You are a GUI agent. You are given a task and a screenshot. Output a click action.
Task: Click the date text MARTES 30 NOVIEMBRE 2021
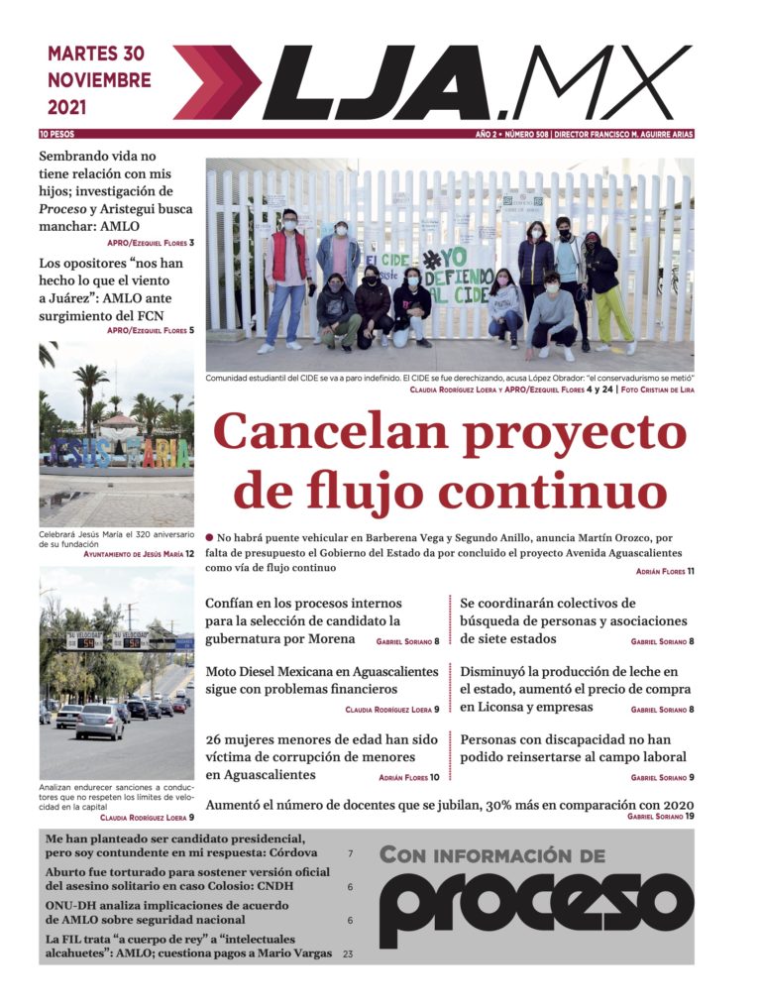coord(99,79)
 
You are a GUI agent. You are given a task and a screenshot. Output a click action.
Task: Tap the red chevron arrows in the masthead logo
coord(216,82)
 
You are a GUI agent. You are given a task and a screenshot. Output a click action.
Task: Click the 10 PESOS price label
coord(56,134)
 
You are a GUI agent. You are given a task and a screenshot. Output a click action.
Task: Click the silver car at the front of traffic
coord(100,722)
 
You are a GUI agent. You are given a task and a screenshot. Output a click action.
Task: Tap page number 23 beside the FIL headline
coord(348,953)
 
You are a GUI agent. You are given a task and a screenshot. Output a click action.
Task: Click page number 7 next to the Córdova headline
coord(350,853)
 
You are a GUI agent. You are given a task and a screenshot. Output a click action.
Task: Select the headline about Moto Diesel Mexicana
coord(322,680)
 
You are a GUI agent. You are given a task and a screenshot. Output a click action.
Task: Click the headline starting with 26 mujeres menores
coord(321,756)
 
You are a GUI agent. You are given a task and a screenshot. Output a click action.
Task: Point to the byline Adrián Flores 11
coord(665,571)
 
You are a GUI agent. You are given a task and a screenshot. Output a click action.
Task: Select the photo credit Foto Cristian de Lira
coord(657,391)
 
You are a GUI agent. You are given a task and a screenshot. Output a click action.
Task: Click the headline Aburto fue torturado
coord(187,879)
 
